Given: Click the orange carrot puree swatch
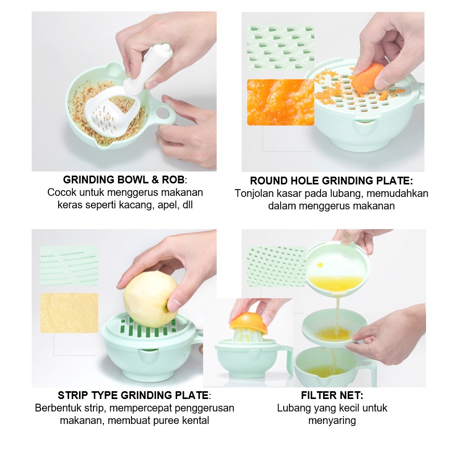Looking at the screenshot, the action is (281, 102).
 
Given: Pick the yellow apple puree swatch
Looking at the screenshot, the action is (69, 313).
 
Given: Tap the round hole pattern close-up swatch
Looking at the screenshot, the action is (281, 48).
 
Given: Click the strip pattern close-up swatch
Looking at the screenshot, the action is (69, 266).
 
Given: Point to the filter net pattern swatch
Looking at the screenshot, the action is (276, 267).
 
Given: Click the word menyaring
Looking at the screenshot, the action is (332, 421).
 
